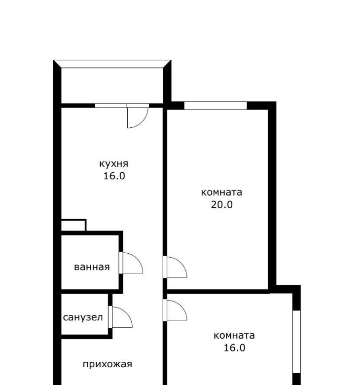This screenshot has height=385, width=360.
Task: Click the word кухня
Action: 113,163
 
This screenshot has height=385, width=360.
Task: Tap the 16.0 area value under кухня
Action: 114,176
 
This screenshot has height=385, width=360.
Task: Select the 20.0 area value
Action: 221,204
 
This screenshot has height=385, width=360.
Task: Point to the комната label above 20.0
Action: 221,192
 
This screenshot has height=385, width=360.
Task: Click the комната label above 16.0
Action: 234,335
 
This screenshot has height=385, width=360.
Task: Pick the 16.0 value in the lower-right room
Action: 234,347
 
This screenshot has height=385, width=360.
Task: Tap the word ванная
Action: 92,267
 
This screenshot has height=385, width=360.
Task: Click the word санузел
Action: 83,317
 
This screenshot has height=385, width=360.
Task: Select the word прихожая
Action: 108,364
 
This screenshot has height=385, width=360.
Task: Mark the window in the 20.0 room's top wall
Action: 216,105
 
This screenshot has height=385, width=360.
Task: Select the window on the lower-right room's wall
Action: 297,342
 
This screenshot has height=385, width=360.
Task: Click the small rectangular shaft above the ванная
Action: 73,225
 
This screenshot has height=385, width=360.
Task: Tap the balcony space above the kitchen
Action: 112,85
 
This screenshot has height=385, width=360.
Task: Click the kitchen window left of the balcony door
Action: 111,106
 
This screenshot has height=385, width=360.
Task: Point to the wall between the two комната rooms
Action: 217,291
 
